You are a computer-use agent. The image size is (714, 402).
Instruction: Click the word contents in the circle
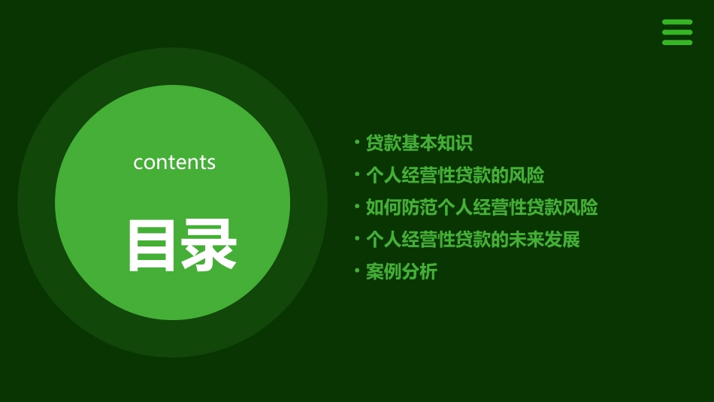tap(174, 162)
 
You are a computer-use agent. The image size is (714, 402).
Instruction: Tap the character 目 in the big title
tap(153, 245)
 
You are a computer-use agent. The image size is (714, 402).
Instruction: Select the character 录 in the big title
tap(210, 245)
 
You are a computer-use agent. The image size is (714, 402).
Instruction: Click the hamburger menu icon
tap(677, 32)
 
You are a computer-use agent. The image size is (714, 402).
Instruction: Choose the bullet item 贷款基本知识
tap(419, 143)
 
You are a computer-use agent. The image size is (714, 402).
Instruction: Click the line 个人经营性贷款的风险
tap(455, 175)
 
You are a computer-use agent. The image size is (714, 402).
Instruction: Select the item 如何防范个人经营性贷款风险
tap(482, 207)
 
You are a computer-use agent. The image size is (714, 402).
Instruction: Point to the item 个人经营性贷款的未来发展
tap(473, 240)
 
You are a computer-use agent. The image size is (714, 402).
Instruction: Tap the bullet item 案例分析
tap(401, 272)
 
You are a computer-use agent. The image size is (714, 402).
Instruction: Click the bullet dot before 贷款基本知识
tap(356, 143)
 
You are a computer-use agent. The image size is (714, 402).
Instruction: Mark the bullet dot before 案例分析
tap(356, 272)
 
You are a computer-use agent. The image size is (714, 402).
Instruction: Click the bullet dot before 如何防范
tap(356, 207)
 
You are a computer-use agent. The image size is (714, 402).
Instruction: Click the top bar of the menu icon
tap(677, 23)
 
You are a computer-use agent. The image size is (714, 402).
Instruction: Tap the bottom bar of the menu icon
tap(677, 42)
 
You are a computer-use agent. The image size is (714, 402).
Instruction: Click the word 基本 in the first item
tap(419, 143)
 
